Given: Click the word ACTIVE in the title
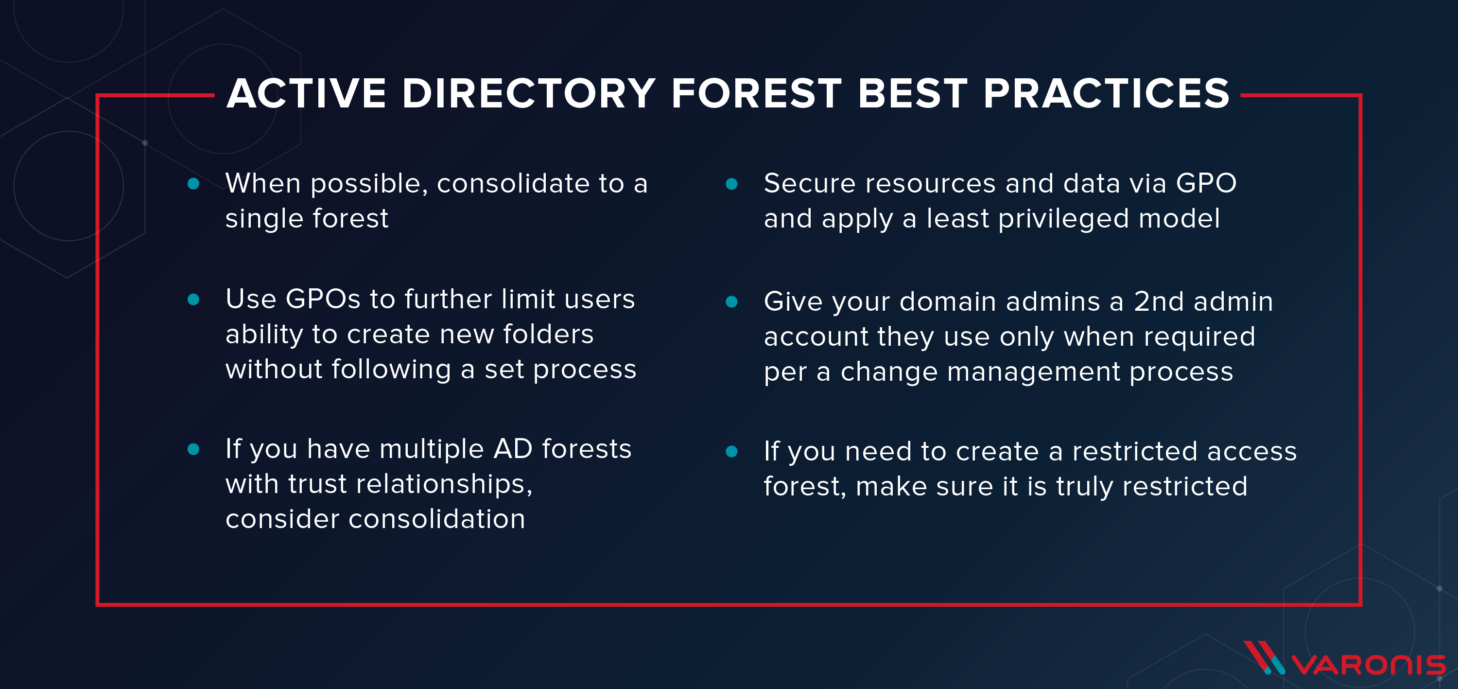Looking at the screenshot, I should [x=306, y=93].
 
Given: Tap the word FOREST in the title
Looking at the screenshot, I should [x=757, y=93].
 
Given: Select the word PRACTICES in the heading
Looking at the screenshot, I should [x=1106, y=93].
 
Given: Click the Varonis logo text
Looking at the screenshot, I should [x=1368, y=665].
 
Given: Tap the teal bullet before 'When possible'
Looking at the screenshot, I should [x=193, y=183].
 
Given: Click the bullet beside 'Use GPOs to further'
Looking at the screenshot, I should [x=193, y=300].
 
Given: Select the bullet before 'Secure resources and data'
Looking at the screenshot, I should [x=731, y=183].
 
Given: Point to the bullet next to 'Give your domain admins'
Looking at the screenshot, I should [x=731, y=302].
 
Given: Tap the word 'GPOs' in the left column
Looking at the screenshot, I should [x=323, y=299].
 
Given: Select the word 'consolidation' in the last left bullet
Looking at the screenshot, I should [x=436, y=519].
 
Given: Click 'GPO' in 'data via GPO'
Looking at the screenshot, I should [x=1206, y=183].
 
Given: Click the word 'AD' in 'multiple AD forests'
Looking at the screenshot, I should [x=513, y=449].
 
